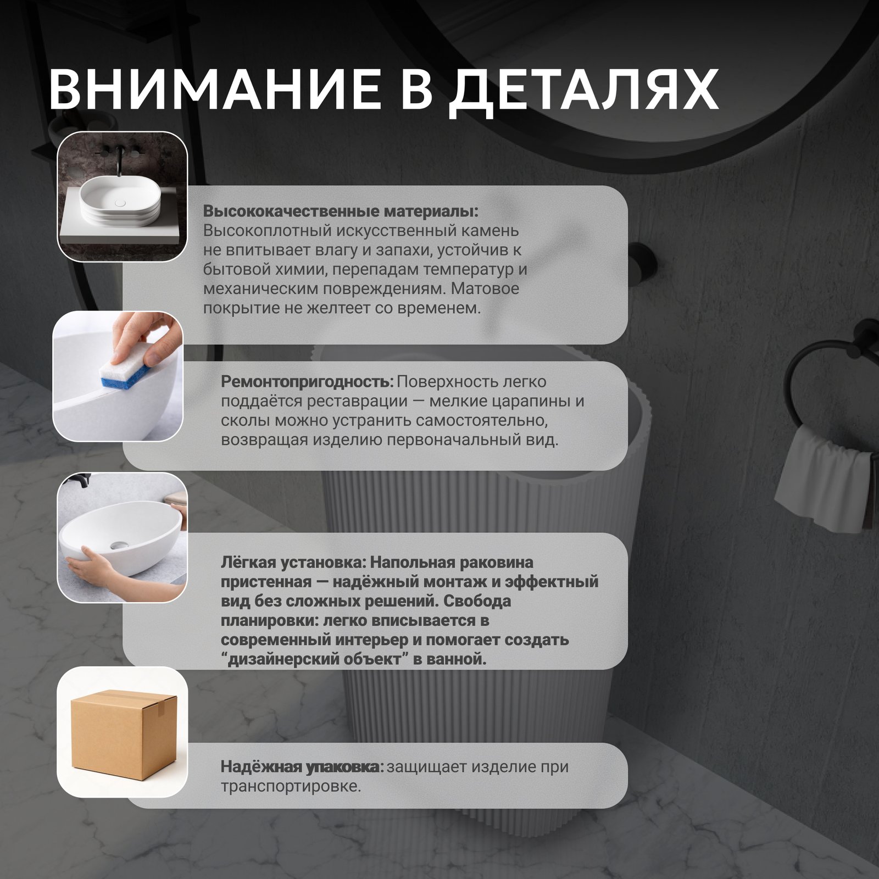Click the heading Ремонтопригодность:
pyautogui.click(x=307, y=382)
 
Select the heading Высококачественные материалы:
pyautogui.click(x=341, y=212)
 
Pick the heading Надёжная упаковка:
pyautogui.click(x=302, y=766)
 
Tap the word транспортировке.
pyautogui.click(x=291, y=787)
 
